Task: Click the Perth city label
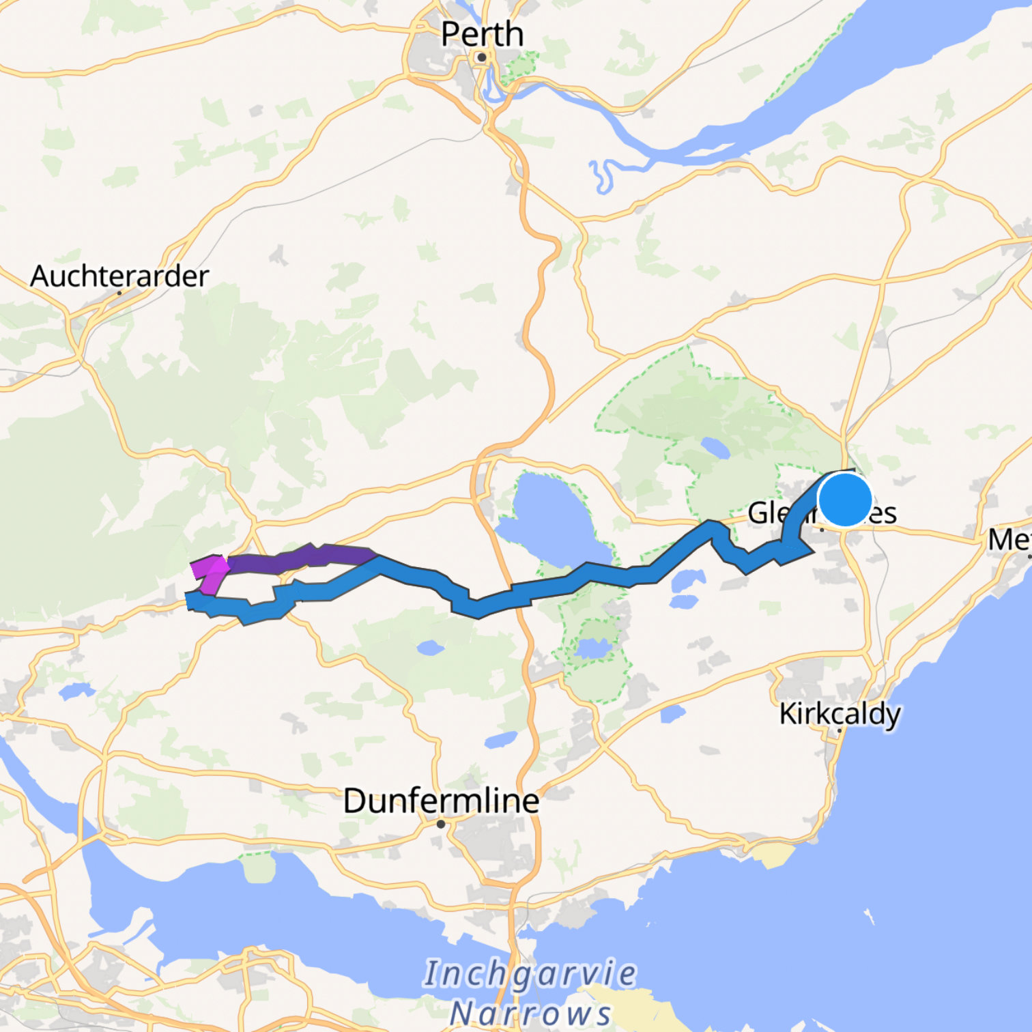482,34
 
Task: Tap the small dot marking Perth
482,57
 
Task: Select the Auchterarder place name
119,276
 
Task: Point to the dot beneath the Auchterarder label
119,293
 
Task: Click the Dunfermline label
441,801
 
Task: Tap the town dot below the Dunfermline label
441,824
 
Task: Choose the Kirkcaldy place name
840,714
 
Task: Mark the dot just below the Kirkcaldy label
840,730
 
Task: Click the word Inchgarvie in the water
530,974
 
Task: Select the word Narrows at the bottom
530,1012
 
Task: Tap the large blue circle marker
845,500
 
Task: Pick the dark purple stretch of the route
300,558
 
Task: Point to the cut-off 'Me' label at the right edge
1010,541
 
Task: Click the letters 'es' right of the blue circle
883,513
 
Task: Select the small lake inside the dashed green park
715,448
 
